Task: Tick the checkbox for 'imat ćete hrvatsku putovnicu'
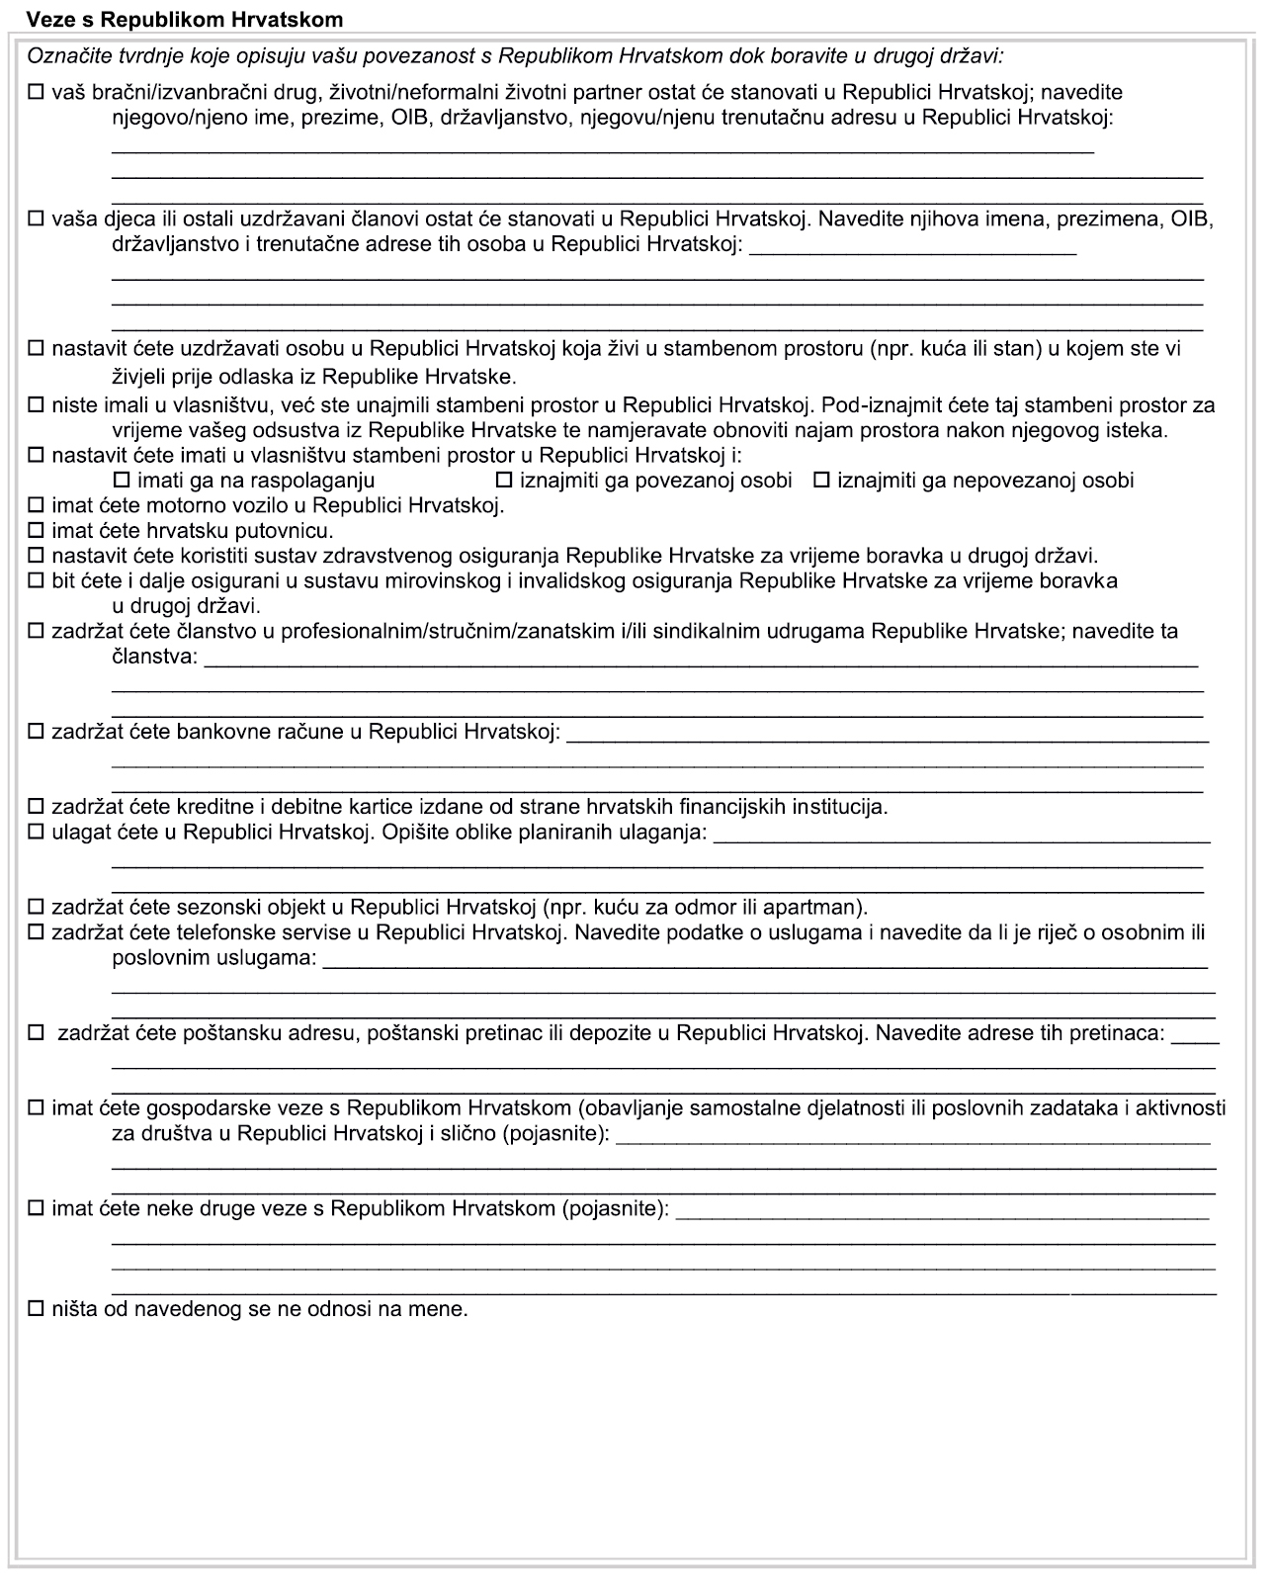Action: click(37, 531)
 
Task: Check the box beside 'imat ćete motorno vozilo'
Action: click(37, 506)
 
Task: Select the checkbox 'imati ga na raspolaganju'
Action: click(124, 481)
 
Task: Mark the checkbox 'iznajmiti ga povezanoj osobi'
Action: click(504, 481)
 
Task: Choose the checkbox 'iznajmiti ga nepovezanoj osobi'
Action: click(821, 481)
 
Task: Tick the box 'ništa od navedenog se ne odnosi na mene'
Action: click(37, 1309)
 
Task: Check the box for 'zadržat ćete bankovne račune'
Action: click(37, 733)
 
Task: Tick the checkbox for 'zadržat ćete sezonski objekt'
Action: click(37, 907)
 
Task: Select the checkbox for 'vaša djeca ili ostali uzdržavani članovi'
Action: click(37, 220)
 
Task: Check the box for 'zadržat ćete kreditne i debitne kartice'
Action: click(37, 807)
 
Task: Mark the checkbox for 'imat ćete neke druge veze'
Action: click(37, 1208)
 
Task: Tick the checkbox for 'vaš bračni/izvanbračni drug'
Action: click(37, 94)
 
